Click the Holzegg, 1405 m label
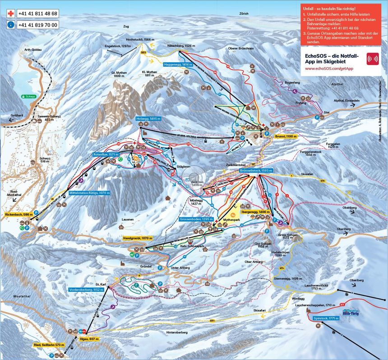coord(148,118)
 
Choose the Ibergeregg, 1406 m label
coord(255,211)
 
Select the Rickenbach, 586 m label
coord(19,214)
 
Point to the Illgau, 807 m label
coord(88,339)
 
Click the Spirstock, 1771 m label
coord(325,318)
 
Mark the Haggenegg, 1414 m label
coord(178,65)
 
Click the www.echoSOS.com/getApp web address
coord(329,68)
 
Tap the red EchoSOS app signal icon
coord(373,59)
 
